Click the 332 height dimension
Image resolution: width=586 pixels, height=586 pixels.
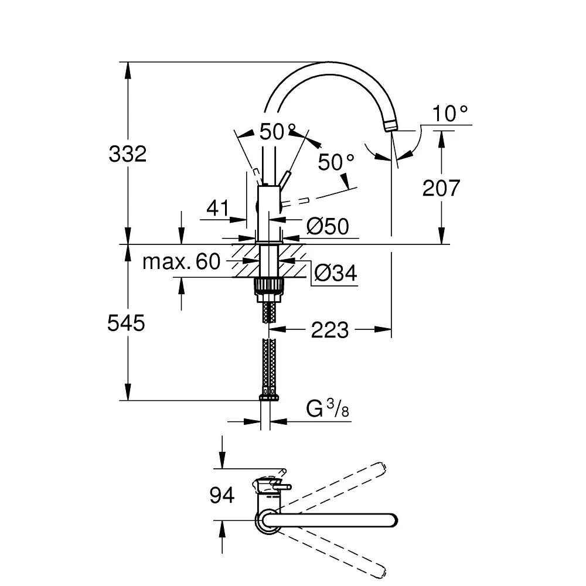[x=128, y=154]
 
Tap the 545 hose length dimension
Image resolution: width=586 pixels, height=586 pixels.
[x=127, y=323]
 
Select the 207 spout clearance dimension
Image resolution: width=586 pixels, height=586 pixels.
[x=441, y=188]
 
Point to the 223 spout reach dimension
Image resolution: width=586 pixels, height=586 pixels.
[x=329, y=330]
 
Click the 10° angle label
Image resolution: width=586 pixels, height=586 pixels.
[x=450, y=113]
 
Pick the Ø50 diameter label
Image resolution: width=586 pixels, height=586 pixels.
[x=328, y=226]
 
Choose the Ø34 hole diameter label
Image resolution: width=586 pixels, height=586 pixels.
[x=336, y=272]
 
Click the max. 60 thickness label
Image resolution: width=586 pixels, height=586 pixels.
[x=182, y=261]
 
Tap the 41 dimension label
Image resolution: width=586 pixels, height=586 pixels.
[x=218, y=208]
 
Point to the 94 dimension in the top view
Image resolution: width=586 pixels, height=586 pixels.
[x=222, y=495]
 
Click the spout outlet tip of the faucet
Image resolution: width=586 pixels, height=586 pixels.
[x=390, y=126]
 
